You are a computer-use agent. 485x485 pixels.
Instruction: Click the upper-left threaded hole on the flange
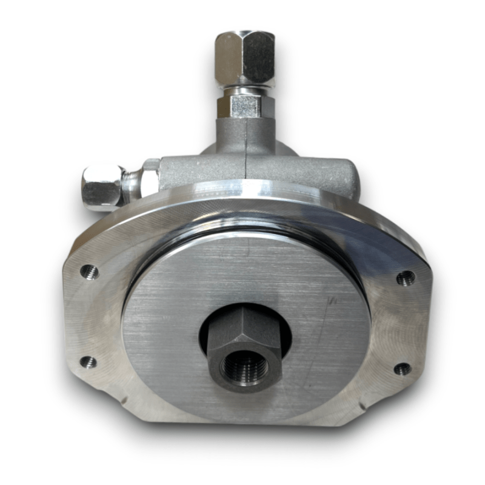coord(89,272)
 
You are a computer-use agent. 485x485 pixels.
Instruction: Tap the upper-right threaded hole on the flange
coord(405,278)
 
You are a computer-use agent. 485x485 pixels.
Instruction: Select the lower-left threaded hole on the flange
coord(89,363)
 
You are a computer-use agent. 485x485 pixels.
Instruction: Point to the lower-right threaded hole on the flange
coord(402,369)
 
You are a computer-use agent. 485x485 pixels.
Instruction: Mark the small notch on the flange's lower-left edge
coord(124,401)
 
